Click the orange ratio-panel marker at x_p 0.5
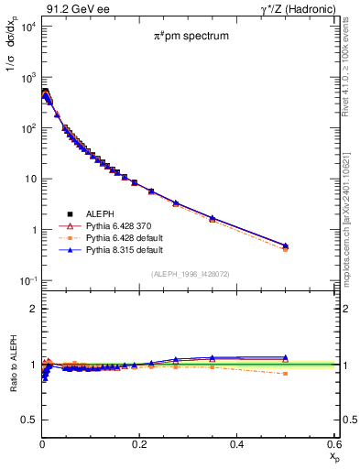(286, 374)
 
